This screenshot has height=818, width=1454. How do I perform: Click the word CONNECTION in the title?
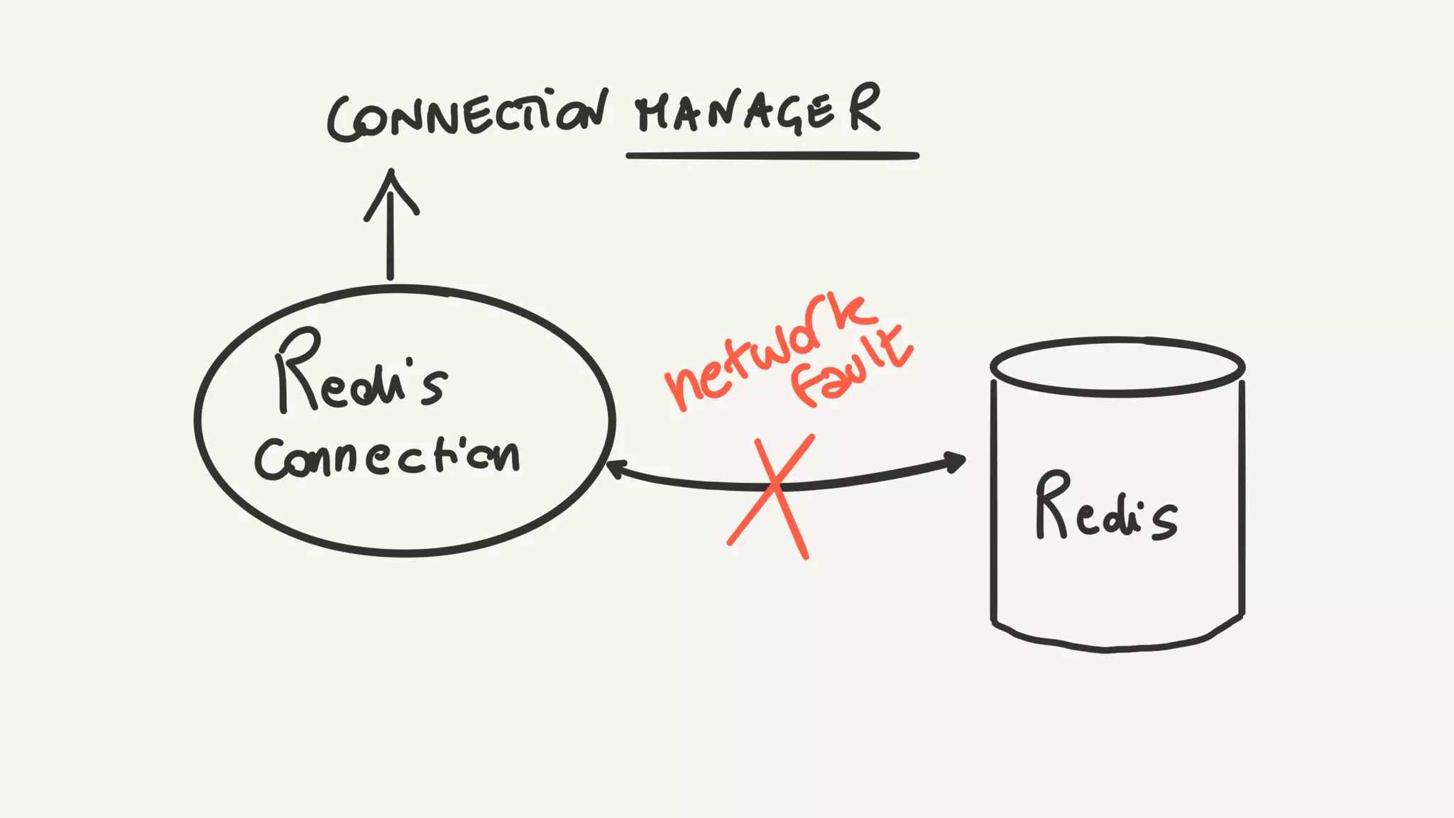click(x=467, y=116)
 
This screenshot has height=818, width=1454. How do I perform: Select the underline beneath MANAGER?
click(x=772, y=156)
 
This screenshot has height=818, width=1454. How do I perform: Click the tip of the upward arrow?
click(x=391, y=173)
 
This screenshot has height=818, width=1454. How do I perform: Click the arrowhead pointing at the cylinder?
click(x=956, y=462)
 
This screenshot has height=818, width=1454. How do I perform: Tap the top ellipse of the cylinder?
click(x=1117, y=366)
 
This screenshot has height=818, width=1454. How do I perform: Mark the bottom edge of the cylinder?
click(x=1108, y=648)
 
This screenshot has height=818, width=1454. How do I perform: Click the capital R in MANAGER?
click(x=864, y=108)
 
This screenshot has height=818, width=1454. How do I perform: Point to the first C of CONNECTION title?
click(x=342, y=121)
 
